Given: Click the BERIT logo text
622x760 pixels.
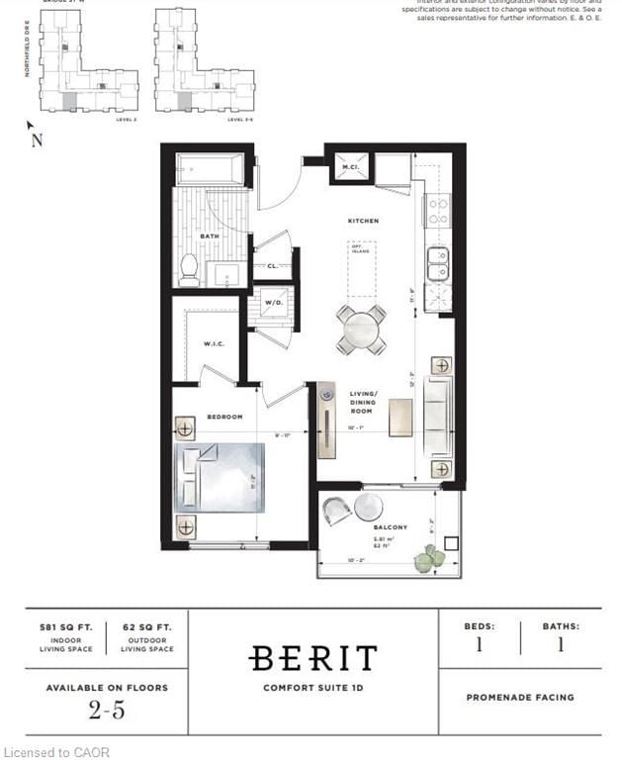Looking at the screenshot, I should click(312, 659).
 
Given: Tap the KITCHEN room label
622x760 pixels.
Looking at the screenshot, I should click(363, 221).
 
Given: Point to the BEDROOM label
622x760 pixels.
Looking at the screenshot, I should click(224, 417).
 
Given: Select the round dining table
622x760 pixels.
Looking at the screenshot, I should click(361, 330).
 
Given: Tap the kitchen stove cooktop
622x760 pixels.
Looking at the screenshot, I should click(437, 211).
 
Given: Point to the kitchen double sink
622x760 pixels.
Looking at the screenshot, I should click(437, 264).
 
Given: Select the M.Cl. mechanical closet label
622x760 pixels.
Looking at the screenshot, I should click(349, 166).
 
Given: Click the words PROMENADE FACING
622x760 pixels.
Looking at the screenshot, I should click(519, 698).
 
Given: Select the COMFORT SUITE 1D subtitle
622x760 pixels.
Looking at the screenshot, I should click(312, 689).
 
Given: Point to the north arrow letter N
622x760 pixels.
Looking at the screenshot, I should click(38, 140).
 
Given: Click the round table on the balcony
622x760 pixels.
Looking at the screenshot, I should click(368, 507).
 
